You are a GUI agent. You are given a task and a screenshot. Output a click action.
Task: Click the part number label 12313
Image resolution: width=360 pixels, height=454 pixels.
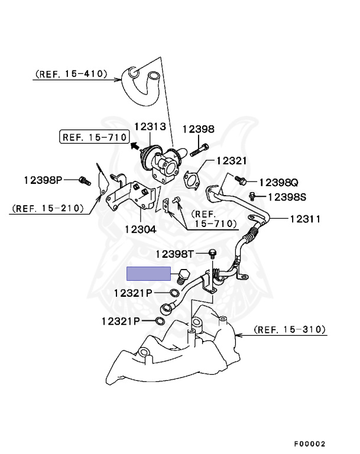pos(151,127)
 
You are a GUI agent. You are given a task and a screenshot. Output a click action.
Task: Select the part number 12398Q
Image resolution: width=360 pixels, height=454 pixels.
pos(278,182)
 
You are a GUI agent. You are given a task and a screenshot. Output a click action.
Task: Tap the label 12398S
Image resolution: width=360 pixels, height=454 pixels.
pos(287,197)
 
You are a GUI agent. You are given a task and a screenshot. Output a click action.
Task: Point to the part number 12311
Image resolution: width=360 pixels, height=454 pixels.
pos(305,219)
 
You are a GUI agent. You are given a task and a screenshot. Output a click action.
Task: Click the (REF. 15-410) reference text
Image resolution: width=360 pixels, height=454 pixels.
pos(71,74)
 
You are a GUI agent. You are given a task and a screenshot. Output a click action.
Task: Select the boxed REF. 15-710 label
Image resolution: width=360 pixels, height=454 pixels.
pos(93,137)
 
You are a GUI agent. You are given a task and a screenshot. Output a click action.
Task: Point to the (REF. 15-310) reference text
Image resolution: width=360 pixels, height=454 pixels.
pos(290,329)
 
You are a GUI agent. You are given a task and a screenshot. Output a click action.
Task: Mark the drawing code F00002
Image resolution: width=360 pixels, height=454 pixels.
pos(310,443)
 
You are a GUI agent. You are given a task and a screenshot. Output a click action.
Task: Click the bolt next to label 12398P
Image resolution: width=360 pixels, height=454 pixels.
pos(84,179)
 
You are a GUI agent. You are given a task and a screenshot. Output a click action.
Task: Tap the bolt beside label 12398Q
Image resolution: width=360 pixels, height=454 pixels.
pos(241,178)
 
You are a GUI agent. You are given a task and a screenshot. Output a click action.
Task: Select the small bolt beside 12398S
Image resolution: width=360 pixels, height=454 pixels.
pos(253,196)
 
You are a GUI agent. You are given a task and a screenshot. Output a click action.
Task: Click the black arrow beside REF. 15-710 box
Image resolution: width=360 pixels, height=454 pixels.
pos(135,144)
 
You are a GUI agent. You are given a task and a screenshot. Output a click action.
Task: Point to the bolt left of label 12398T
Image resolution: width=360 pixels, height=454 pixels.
pos(212,254)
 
